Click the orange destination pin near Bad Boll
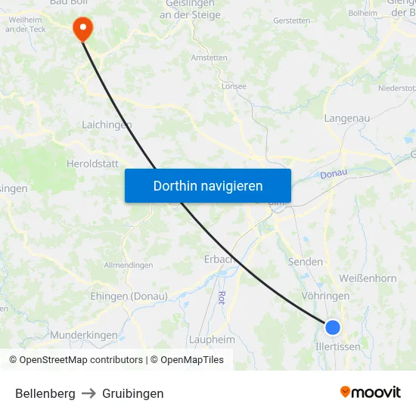click(x=82, y=28)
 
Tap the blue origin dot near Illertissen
click(x=332, y=328)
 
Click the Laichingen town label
click(x=107, y=125)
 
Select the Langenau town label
click(x=346, y=118)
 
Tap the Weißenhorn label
click(x=368, y=278)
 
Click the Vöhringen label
click(x=325, y=296)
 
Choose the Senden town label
click(x=306, y=262)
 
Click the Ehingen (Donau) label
click(x=129, y=296)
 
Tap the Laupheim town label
click(x=212, y=340)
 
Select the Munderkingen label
click(x=84, y=334)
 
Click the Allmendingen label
click(x=128, y=265)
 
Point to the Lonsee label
click(x=234, y=86)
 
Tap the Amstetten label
click(x=210, y=57)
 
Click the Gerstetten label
click(x=292, y=20)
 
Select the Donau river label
click(x=333, y=173)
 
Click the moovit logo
click(x=371, y=392)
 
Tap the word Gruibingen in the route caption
click(x=133, y=393)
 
